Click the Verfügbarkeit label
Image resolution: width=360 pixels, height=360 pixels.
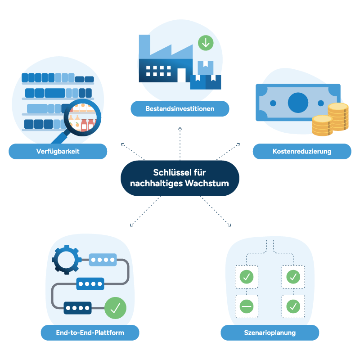pyautogui.click(x=58, y=151)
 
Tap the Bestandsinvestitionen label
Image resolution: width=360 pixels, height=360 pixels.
pyautogui.click(x=180, y=108)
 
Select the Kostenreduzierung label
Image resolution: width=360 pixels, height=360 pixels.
pyautogui.click(x=302, y=151)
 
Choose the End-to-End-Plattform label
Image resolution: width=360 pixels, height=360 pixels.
pyautogui.click(x=90, y=333)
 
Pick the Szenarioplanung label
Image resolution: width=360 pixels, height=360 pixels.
pyautogui.click(x=270, y=333)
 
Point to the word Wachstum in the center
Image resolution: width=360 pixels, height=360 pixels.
pyautogui.click(x=207, y=184)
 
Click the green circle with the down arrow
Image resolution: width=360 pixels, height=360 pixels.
pyautogui.click(x=206, y=43)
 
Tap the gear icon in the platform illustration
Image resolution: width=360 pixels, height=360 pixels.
pyautogui.click(x=66, y=260)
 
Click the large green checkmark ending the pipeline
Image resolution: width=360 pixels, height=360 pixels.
pyautogui.click(x=115, y=308)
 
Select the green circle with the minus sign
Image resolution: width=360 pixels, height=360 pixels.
pyautogui.click(x=247, y=306)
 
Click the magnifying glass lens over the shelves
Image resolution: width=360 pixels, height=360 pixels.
pyautogui.click(x=82, y=117)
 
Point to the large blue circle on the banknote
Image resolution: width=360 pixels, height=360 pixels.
pyautogui.click(x=298, y=103)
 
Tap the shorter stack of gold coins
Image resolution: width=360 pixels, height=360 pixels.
pyautogui.click(x=322, y=126)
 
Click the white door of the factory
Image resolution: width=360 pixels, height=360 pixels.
pyautogui.click(x=181, y=75)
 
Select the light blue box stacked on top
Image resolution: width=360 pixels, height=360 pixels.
pyautogui.click(x=206, y=68)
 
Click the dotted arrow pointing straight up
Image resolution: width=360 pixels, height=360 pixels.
pyautogui.click(x=180, y=144)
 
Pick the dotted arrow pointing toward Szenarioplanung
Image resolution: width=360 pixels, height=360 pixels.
pyautogui.click(x=216, y=211)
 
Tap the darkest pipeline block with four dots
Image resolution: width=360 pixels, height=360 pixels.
pyautogui.click(x=77, y=308)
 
